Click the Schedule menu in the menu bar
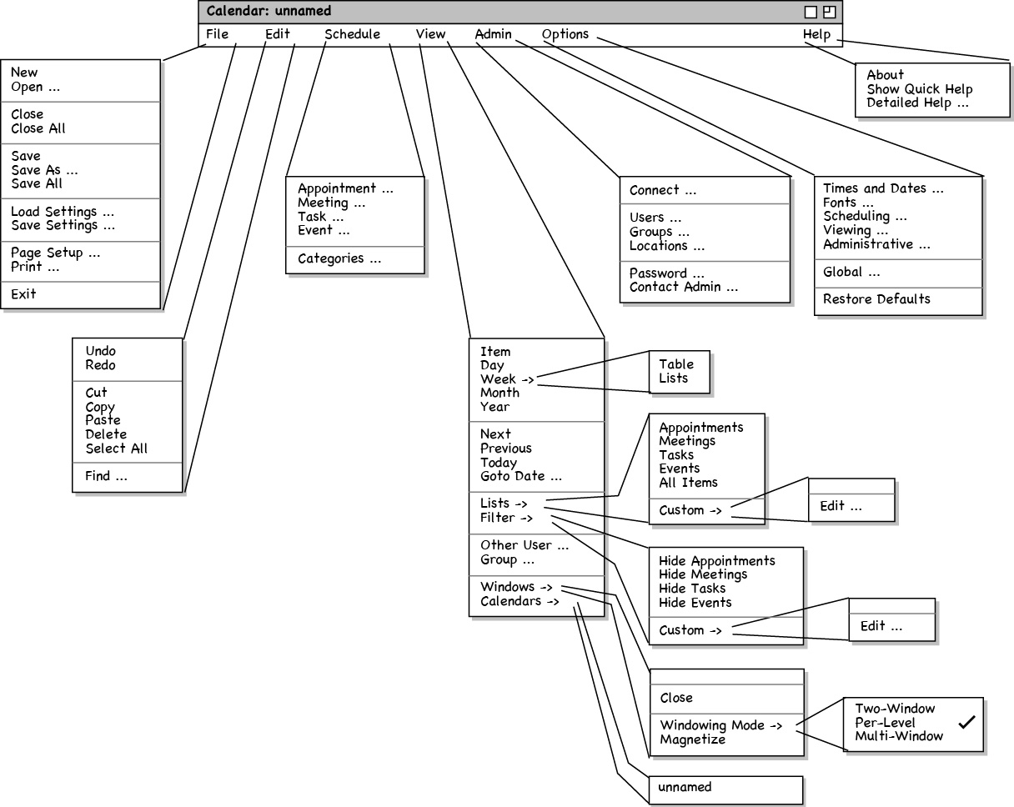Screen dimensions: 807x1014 (x=352, y=35)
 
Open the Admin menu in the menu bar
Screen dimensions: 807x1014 (x=493, y=35)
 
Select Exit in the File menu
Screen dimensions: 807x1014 (x=24, y=294)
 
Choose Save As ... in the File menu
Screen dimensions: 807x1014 (x=44, y=170)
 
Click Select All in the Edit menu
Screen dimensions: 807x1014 (x=116, y=449)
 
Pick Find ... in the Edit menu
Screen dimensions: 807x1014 (x=106, y=477)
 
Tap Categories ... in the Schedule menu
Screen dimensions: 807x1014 (x=339, y=258)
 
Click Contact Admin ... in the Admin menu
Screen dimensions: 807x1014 (x=684, y=288)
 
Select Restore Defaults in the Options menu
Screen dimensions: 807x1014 (x=876, y=299)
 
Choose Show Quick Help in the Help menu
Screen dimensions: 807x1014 (x=920, y=89)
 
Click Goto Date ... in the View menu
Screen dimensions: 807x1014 (x=521, y=477)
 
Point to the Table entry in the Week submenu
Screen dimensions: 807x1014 (x=676, y=364)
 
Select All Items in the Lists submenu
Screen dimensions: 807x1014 (x=688, y=483)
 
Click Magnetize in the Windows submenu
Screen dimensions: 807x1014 (x=693, y=739)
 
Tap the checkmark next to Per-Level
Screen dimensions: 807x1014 (x=966, y=723)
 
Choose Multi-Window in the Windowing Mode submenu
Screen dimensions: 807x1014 (x=899, y=736)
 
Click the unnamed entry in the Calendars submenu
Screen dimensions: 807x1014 (x=685, y=787)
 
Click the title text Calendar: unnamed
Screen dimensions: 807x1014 (x=269, y=12)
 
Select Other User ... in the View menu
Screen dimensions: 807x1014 (x=525, y=546)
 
